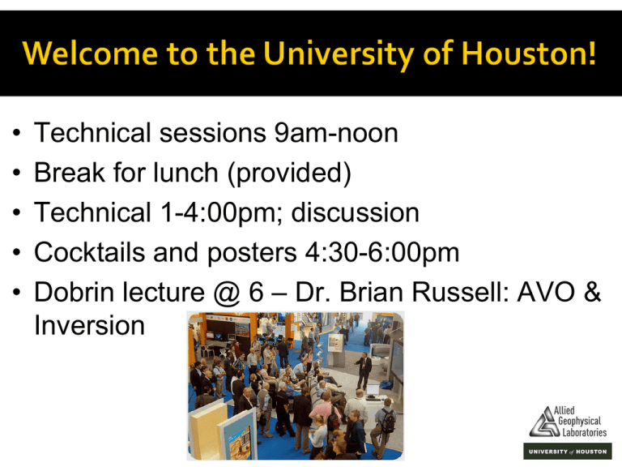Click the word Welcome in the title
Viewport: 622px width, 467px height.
[91, 53]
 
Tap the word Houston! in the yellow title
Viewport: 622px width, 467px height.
[529, 53]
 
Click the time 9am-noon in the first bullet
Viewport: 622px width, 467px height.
[336, 133]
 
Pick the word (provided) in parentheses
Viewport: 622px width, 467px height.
[290, 174]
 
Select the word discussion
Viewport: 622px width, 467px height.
[355, 212]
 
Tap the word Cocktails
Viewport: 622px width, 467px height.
[90, 252]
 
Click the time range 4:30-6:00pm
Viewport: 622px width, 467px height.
[381, 253]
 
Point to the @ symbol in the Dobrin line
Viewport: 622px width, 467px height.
[227, 293]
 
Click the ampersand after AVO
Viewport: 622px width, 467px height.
[593, 292]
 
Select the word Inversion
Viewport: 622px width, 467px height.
[90, 326]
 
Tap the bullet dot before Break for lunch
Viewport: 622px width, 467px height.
[16, 173]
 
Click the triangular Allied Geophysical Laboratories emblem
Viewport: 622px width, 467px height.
[544, 422]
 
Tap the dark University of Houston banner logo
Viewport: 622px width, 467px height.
[567, 452]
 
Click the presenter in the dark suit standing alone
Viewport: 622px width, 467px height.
[363, 371]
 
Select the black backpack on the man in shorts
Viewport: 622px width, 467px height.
[388, 421]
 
